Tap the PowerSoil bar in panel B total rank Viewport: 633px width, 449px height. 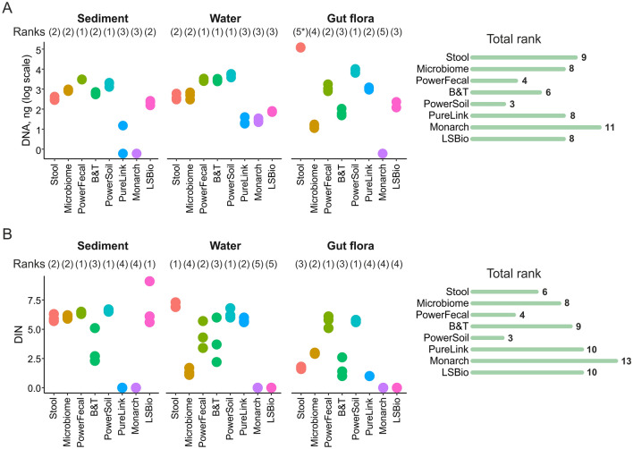(500, 339)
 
